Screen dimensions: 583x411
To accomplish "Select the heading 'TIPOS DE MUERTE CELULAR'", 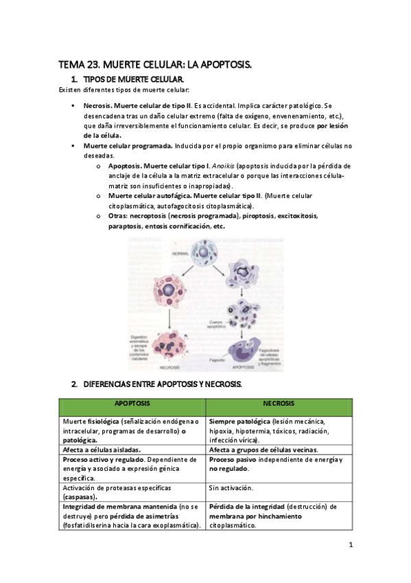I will (x=132, y=80).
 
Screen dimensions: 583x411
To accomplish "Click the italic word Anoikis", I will (x=225, y=166).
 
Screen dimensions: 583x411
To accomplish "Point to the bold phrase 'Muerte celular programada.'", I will (x=128, y=146).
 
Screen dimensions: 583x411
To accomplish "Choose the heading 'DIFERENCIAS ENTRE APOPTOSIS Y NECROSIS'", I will (x=162, y=382).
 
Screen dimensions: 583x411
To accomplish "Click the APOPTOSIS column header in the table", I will (x=132, y=404).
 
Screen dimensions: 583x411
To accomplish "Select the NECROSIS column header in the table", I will (x=279, y=404).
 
